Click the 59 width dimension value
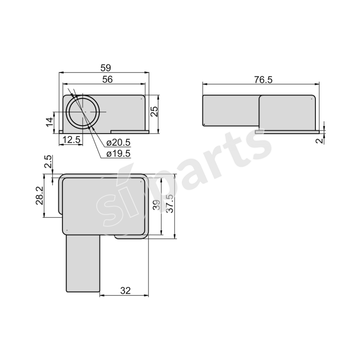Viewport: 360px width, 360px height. click(105, 67)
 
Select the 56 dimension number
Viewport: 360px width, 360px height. click(107, 79)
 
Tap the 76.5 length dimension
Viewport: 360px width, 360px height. click(263, 79)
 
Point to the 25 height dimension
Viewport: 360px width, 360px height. click(154, 111)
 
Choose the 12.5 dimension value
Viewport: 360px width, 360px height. click(71, 140)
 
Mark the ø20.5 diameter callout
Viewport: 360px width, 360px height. click(118, 143)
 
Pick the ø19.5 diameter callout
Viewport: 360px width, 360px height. click(118, 153)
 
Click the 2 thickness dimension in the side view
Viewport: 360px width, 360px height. click(319, 140)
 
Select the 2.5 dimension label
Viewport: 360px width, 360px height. click(49, 162)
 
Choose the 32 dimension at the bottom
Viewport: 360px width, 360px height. click(126, 291)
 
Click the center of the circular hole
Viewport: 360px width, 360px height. click(83, 112)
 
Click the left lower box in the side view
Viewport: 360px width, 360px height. click(230, 111)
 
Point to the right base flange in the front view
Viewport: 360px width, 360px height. click(130, 132)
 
